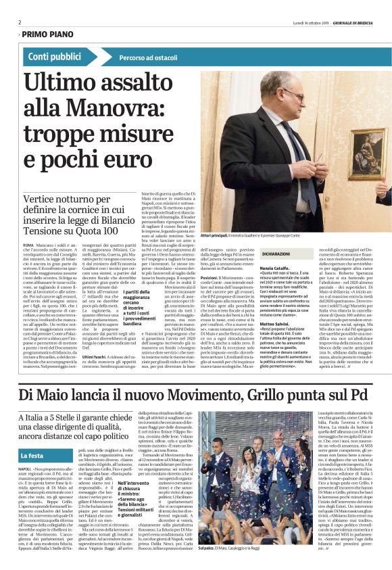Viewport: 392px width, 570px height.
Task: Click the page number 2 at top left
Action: click(19, 22)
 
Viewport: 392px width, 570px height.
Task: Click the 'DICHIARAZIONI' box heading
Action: click(257, 256)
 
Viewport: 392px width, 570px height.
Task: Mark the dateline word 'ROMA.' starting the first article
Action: click(28, 243)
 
